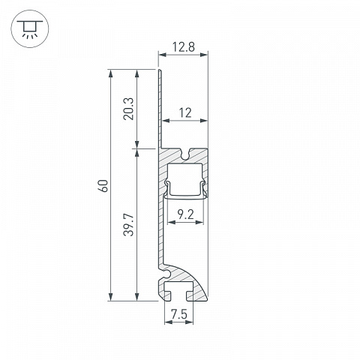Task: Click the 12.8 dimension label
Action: point(184,47)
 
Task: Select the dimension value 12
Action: point(185,113)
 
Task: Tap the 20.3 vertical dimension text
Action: point(129,109)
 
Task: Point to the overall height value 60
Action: point(103,186)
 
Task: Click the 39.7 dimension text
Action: point(129,225)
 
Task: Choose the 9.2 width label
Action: point(185,214)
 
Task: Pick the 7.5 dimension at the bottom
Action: point(179,314)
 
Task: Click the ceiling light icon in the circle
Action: point(30,29)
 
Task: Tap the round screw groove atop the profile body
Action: point(185,154)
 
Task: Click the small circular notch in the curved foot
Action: point(166,274)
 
